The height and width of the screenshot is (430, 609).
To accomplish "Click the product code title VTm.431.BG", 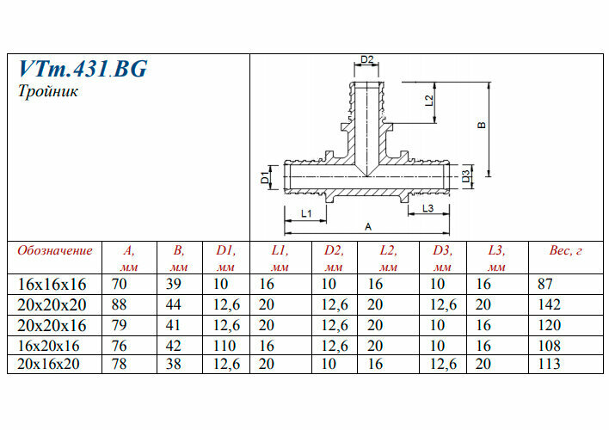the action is (x=83, y=69).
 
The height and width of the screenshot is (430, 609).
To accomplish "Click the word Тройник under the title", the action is (x=48, y=92).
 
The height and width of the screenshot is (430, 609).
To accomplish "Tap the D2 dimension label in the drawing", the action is (x=366, y=59).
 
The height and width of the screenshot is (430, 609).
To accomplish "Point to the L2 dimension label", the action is (x=429, y=101).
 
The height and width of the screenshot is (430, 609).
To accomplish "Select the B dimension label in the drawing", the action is (x=482, y=125).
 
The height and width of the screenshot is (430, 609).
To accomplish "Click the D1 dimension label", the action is (x=264, y=177).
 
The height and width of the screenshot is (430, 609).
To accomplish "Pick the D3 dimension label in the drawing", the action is (x=465, y=176).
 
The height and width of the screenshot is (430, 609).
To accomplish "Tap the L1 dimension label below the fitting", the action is (x=306, y=213).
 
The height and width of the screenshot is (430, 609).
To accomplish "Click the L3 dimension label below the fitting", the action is (x=428, y=208).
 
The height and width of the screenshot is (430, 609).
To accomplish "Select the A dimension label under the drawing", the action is (x=368, y=227).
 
